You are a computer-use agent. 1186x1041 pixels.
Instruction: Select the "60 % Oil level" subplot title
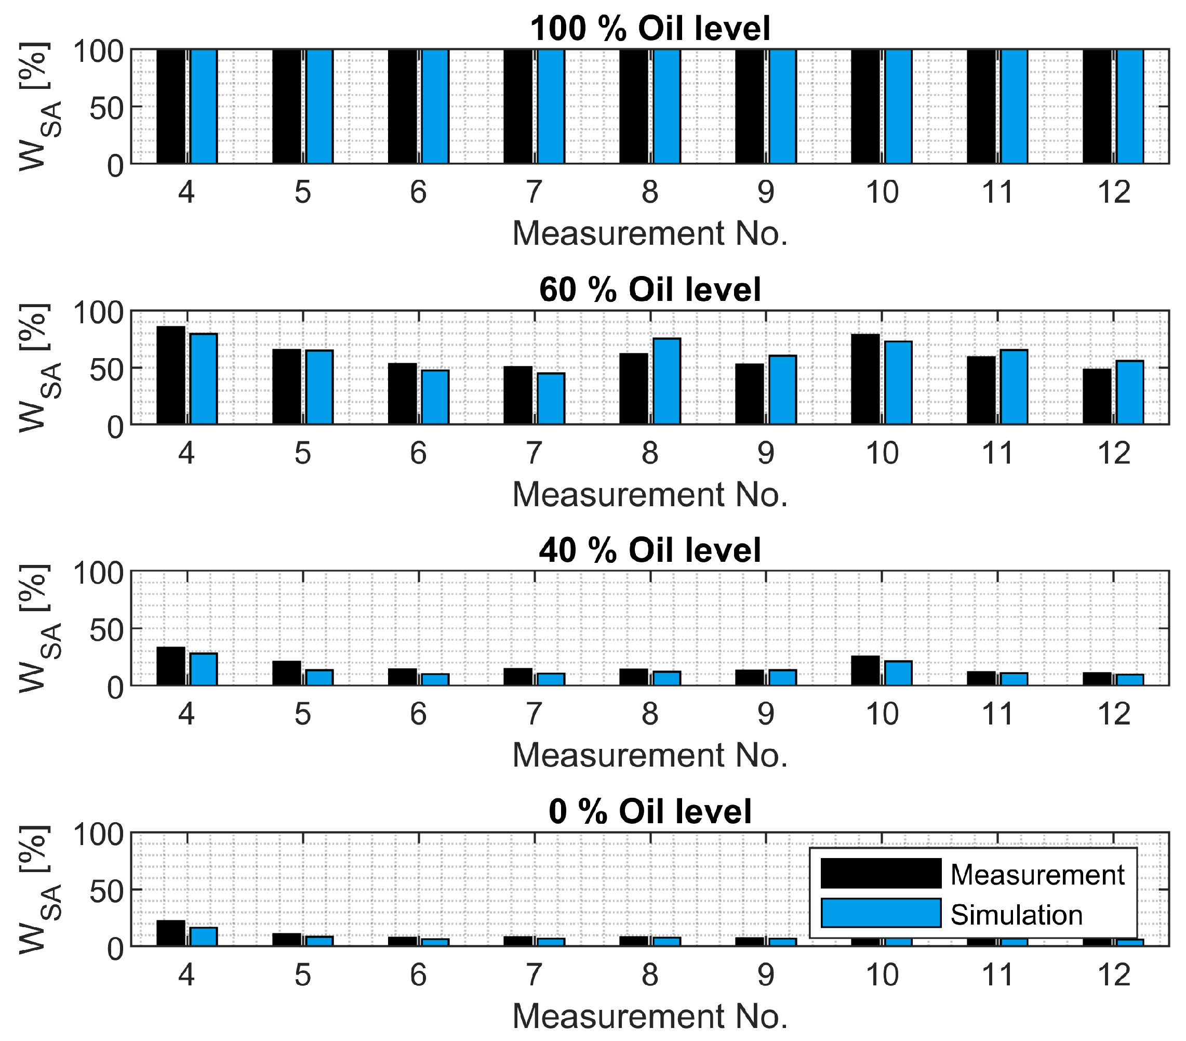tap(650, 289)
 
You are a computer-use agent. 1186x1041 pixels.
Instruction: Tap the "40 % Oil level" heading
tap(650, 550)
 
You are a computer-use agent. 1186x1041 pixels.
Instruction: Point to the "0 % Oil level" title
tap(650, 811)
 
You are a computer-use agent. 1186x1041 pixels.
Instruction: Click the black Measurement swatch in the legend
tap(880, 874)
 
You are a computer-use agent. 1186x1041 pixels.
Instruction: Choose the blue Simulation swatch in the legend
tap(880, 913)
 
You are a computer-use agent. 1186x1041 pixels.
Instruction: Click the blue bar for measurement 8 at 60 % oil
tap(667, 381)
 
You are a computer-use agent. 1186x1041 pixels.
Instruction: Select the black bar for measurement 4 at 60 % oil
tap(170, 375)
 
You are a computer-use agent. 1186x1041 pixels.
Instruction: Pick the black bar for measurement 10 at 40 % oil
tap(865, 670)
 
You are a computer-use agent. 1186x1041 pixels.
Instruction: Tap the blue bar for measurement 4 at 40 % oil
tap(204, 669)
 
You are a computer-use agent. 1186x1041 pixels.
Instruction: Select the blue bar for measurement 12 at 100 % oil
tap(1130, 106)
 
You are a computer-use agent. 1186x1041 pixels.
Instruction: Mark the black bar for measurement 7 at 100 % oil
tap(517, 106)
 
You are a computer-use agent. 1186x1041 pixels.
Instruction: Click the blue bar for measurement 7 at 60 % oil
tap(551, 398)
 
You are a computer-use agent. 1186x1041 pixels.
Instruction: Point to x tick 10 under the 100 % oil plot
tap(882, 192)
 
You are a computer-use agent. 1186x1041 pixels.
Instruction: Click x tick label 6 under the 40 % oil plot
tap(418, 714)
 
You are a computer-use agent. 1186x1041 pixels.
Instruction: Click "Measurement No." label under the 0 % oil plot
tap(650, 1016)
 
